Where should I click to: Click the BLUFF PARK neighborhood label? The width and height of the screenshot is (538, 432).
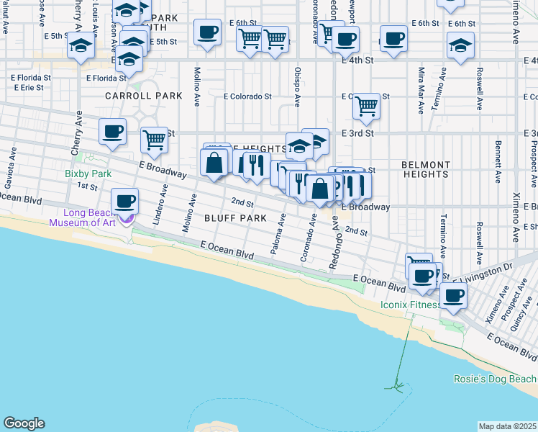(213, 217)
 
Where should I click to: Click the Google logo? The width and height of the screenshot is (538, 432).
(23, 423)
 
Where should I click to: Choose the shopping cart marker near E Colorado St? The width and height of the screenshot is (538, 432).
(367, 107)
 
